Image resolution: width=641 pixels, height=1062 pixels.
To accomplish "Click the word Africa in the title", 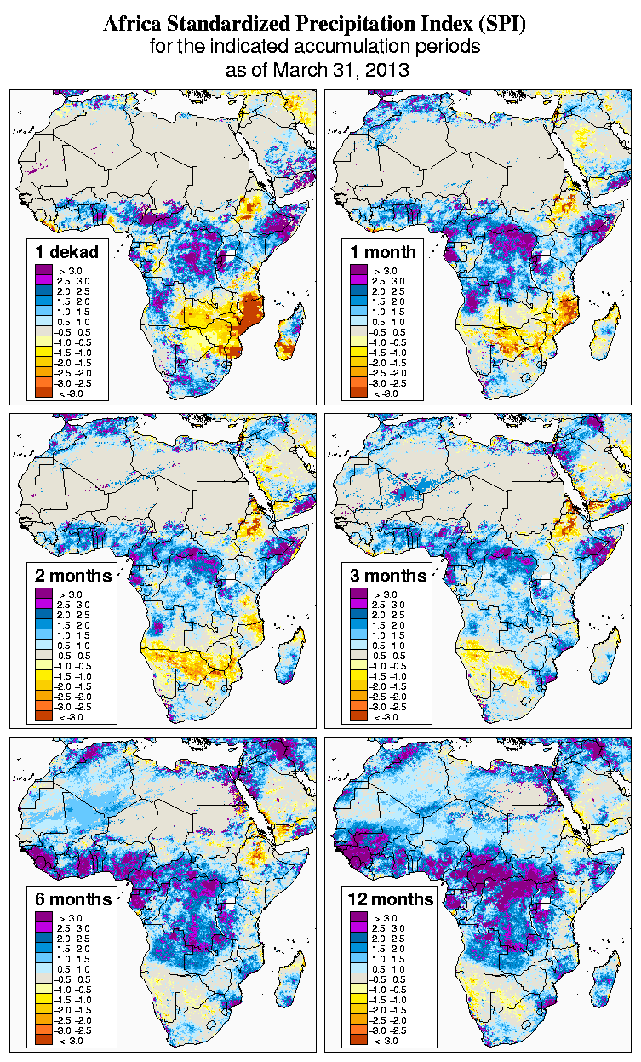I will pyautogui.click(x=130, y=25).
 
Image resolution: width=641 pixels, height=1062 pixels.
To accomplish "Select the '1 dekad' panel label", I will pyautogui.click(x=67, y=251).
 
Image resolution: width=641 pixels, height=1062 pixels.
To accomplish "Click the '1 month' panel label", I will pyautogui.click(x=382, y=251).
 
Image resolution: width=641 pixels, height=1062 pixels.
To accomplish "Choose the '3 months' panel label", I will pyautogui.click(x=387, y=575).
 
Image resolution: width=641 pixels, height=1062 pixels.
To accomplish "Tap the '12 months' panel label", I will pyautogui.click(x=391, y=899).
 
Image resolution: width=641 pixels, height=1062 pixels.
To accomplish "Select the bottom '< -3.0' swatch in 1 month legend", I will pyautogui.click(x=358, y=393).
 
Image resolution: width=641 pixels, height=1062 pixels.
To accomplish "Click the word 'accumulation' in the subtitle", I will pyautogui.click(x=358, y=48).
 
